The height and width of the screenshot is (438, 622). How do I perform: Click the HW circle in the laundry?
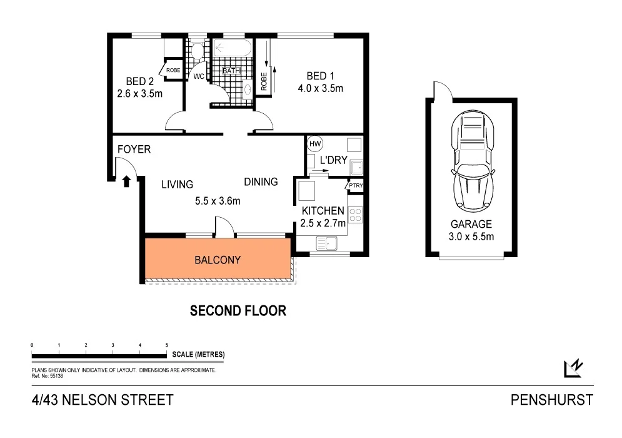(314, 143)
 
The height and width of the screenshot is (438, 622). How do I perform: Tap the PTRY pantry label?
(355, 186)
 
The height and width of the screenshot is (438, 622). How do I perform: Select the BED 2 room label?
(139, 81)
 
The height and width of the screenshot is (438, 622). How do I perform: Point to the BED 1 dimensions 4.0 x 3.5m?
(320, 88)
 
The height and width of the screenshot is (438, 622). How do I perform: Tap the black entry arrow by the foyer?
(126, 181)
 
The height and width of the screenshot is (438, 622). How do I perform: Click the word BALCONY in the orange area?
(217, 260)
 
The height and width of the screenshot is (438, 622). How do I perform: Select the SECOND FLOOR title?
(238, 310)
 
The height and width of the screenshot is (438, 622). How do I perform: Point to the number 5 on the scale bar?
(166, 345)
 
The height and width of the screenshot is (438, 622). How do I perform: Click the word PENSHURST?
(551, 400)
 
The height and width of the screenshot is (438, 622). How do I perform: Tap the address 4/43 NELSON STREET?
(102, 400)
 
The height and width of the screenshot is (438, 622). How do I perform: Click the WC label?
(199, 77)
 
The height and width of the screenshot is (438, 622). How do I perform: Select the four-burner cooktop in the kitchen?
(355, 215)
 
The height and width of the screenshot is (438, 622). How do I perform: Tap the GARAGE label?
(472, 224)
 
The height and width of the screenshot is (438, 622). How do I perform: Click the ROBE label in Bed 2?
(173, 70)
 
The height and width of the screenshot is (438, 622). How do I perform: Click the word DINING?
(261, 182)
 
